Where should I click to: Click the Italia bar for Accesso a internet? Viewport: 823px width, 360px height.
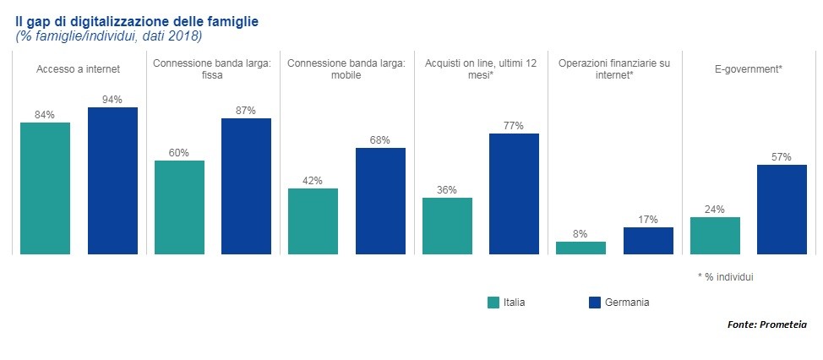click(45, 188)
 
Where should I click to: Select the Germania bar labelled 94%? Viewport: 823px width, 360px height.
click(112, 180)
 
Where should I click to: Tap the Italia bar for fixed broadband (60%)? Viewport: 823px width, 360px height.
click(179, 207)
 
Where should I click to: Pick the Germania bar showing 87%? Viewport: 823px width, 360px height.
click(246, 186)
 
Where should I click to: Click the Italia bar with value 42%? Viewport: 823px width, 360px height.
click(313, 221)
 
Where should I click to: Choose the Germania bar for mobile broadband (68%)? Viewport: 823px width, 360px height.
click(380, 200)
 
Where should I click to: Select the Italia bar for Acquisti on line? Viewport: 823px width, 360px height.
click(447, 226)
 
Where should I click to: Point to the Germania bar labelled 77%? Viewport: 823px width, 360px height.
click(514, 194)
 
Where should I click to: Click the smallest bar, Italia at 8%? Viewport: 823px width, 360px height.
click(580, 248)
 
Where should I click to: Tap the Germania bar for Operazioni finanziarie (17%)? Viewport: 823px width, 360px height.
click(648, 240)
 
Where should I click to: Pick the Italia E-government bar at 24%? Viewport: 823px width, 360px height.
click(715, 235)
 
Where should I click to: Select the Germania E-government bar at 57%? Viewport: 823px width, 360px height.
click(782, 209)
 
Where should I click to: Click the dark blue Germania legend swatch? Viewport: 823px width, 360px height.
click(592, 303)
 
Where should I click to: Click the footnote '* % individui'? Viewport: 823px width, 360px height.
click(725, 276)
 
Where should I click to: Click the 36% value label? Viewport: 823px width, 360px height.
click(447, 190)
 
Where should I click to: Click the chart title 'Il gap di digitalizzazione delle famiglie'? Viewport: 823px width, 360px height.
click(143, 20)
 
